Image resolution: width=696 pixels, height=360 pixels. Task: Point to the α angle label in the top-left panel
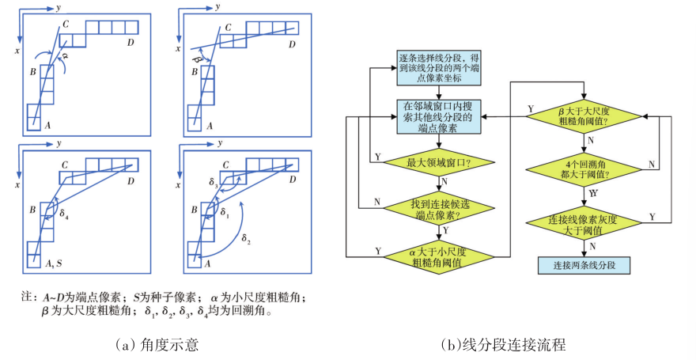[x=65, y=57]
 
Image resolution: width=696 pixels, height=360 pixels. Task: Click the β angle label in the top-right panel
[x=196, y=59]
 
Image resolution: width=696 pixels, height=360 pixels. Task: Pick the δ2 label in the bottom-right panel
[x=246, y=237]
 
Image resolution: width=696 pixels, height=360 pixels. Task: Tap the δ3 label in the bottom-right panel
[x=213, y=183]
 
